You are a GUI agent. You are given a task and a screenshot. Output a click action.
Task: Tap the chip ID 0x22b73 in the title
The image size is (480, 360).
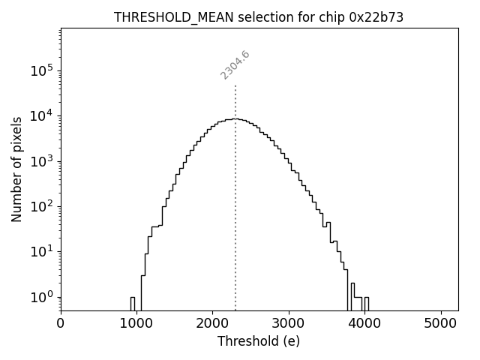pyautogui.click(x=376, y=17)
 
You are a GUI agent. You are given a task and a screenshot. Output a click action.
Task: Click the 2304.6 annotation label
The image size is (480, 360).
pyautogui.click(x=235, y=64)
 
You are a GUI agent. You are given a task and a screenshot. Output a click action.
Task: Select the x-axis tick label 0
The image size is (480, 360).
pyautogui.click(x=61, y=325)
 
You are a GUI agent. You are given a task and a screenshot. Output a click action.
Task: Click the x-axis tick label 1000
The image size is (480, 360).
pyautogui.click(x=136, y=325)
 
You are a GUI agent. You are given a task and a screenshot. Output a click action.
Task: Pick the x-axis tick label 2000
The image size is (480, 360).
pyautogui.click(x=213, y=325)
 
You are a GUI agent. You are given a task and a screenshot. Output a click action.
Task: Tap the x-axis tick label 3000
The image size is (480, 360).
pyautogui.click(x=289, y=325)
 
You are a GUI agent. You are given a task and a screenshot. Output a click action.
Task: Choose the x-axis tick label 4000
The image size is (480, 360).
pyautogui.click(x=365, y=325)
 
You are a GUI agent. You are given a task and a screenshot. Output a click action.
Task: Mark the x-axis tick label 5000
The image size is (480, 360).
pyautogui.click(x=441, y=325)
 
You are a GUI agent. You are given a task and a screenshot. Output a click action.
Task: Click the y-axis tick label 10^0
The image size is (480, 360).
pyautogui.click(x=40, y=297)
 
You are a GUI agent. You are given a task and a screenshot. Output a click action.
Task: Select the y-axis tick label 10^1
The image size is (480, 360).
pyautogui.click(x=40, y=252)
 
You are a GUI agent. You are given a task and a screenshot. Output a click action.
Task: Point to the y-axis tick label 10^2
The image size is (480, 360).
pyautogui.click(x=40, y=206)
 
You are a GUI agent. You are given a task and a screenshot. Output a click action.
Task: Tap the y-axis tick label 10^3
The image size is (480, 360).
pyautogui.click(x=40, y=161)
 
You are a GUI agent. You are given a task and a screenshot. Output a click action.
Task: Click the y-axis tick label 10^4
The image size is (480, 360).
pyautogui.click(x=40, y=115)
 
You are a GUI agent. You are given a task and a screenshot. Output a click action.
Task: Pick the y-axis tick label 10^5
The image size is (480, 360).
pyautogui.click(x=40, y=70)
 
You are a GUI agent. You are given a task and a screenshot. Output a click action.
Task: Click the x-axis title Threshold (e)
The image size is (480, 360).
pyautogui.click(x=259, y=341)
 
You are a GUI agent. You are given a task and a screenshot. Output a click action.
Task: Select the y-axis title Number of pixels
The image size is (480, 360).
pyautogui.click(x=16, y=169)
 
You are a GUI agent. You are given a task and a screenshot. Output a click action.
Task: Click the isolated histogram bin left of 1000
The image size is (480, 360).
pyautogui.click(x=133, y=303)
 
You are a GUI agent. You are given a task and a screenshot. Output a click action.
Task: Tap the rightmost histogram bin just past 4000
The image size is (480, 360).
pyautogui.click(x=367, y=303)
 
